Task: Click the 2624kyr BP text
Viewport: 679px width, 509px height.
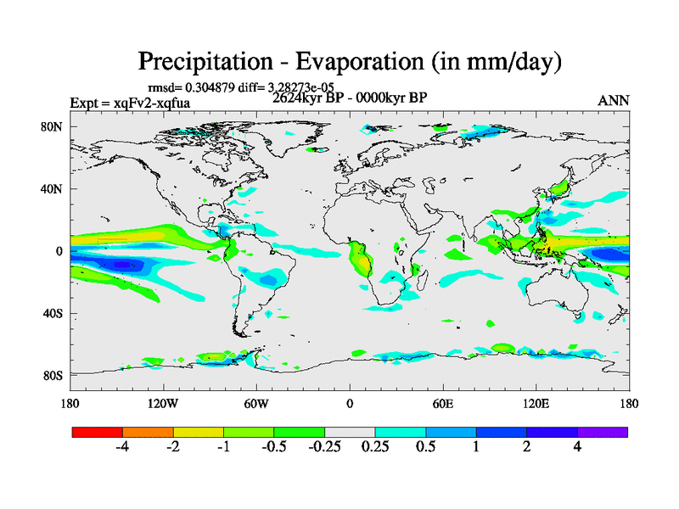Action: click(x=308, y=98)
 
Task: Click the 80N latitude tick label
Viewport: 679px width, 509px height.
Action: click(x=54, y=126)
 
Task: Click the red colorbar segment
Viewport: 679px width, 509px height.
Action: click(x=98, y=432)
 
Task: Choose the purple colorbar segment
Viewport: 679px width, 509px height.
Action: click(x=603, y=432)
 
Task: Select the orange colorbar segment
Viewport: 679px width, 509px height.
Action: click(x=148, y=432)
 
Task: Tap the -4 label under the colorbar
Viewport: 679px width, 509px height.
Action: click(x=121, y=447)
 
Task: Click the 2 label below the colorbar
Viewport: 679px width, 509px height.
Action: click(x=527, y=447)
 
